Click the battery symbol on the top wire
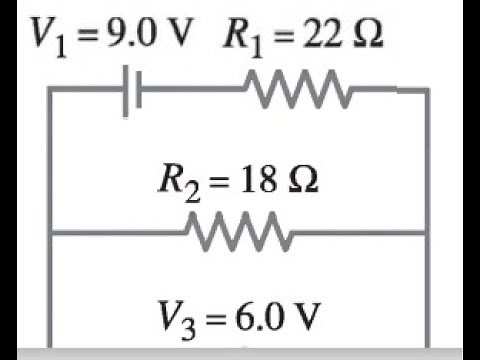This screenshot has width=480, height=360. click(x=131, y=93)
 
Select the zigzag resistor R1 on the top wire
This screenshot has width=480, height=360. click(x=299, y=92)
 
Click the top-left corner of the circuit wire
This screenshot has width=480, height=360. click(x=51, y=90)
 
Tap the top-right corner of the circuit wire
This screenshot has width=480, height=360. click(x=428, y=90)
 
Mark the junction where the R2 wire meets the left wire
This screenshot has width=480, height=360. click(x=51, y=235)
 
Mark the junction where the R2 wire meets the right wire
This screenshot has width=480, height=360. click(x=428, y=235)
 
